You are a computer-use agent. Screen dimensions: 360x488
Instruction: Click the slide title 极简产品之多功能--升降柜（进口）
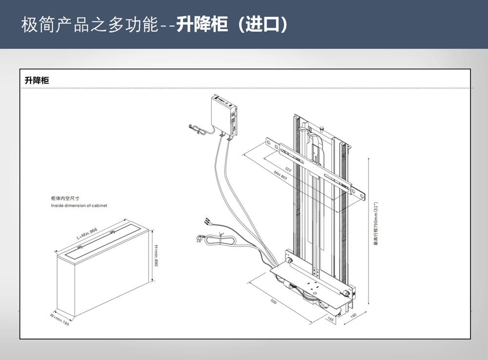coord(154,24)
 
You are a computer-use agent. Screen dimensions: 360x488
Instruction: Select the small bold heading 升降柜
coord(37,80)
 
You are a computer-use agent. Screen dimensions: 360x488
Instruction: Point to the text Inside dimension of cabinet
coord(79,206)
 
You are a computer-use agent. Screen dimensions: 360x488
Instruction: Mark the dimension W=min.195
coord(59,320)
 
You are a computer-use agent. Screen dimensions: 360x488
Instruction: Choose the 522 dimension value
coord(288,169)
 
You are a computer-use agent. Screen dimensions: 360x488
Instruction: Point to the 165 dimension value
coord(330,320)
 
